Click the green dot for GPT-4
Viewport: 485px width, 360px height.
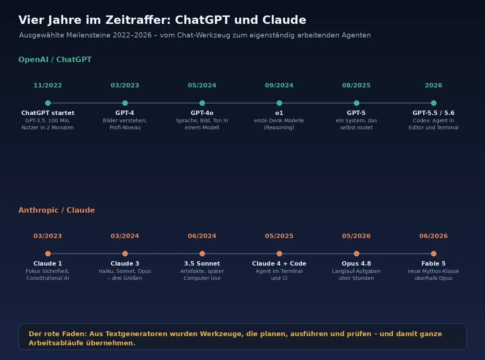point(125,103)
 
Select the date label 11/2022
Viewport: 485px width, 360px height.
point(48,85)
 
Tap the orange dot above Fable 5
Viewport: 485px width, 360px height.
point(434,254)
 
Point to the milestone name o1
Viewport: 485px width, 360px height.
point(279,113)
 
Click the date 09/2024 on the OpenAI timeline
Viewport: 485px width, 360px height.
point(279,85)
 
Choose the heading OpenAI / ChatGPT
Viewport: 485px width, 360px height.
point(55,60)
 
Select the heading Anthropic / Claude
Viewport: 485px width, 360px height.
point(57,210)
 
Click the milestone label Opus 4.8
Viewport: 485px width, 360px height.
point(356,263)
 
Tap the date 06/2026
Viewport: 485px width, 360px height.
point(434,236)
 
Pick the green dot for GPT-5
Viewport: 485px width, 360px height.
point(356,103)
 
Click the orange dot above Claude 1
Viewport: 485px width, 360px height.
point(48,254)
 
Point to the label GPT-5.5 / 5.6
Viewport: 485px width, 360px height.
point(434,113)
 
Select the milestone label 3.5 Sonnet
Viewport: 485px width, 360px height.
point(202,263)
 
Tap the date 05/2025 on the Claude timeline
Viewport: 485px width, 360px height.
point(279,236)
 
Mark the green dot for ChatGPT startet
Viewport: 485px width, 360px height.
point(48,103)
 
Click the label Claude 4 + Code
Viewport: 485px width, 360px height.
point(279,263)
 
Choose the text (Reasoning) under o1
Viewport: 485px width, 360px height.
point(279,127)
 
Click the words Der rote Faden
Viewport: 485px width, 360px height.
point(58,334)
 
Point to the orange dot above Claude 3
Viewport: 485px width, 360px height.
point(125,254)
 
